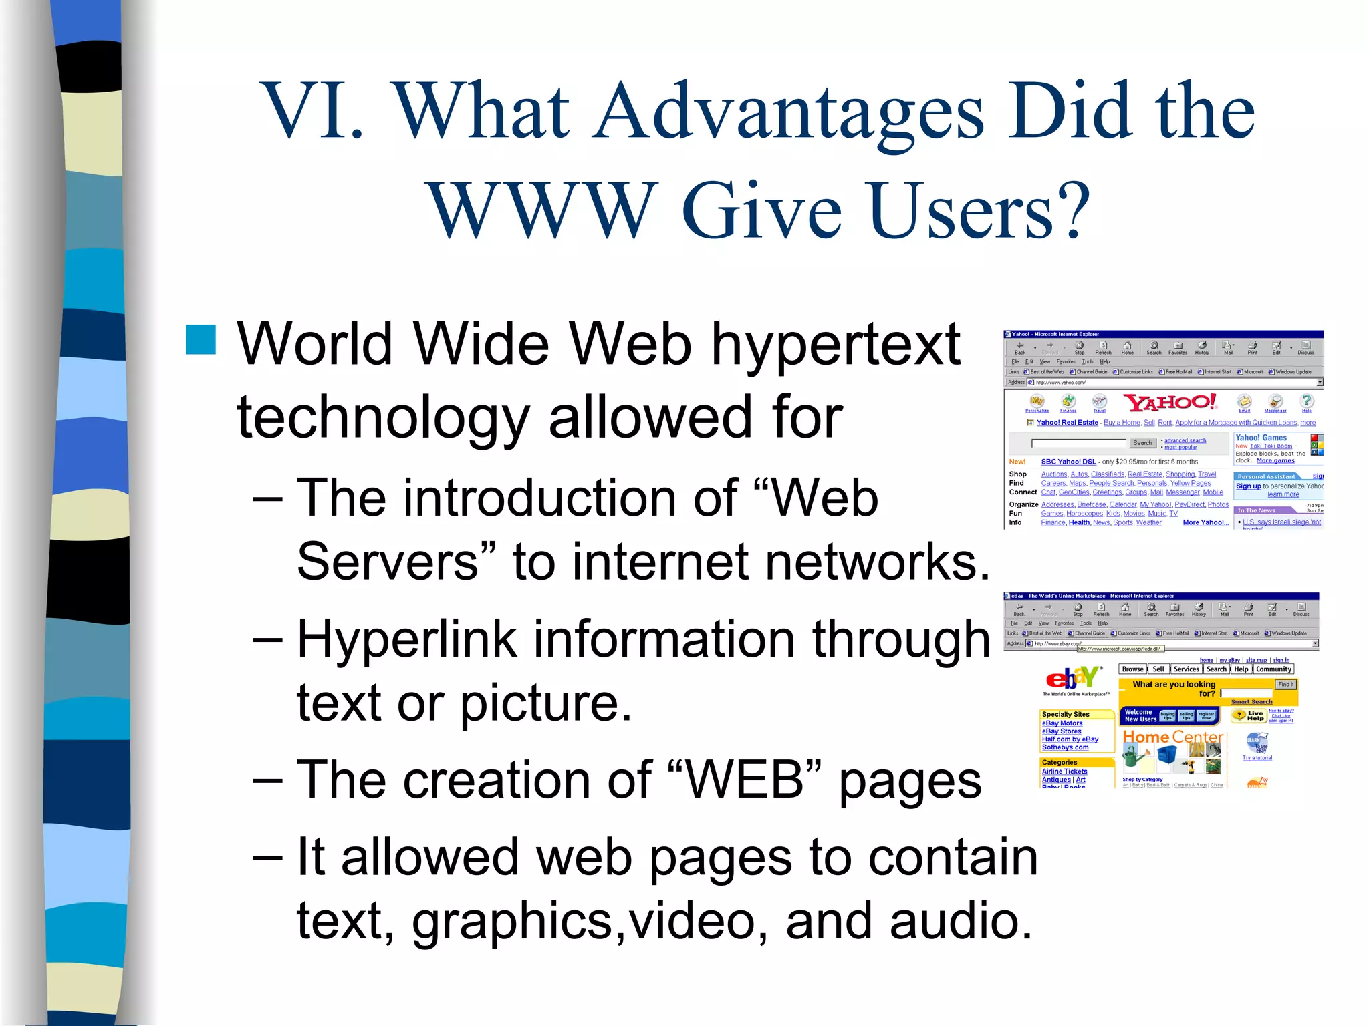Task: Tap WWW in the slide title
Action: pos(541,210)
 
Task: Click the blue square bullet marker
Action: pos(201,339)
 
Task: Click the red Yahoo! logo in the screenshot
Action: pos(1170,402)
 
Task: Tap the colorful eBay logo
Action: pos(1074,678)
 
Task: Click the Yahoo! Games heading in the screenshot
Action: pos(1261,438)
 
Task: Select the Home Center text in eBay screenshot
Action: pos(1172,737)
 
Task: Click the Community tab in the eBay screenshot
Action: pos(1273,669)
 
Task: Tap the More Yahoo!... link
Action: pos(1205,522)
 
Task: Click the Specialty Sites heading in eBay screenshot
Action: pos(1066,714)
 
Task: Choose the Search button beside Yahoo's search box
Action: pos(1142,443)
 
